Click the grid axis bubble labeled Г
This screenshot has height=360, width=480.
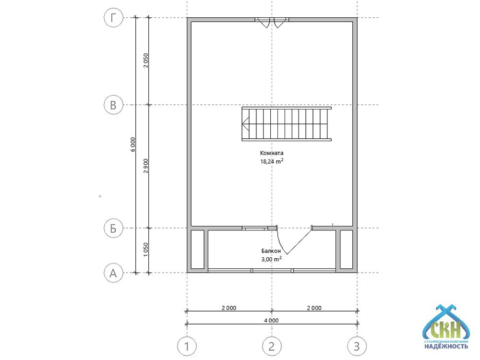click(113, 18)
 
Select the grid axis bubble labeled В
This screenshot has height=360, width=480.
click(113, 105)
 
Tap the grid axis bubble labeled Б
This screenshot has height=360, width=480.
click(113, 228)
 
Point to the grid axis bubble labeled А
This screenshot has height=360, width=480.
click(113, 273)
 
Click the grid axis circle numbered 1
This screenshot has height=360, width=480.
click(187, 347)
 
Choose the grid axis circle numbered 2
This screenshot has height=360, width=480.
click(272, 347)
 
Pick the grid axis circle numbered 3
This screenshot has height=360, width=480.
click(357, 347)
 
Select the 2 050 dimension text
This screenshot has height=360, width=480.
click(146, 60)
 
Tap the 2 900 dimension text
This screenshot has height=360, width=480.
click(146, 166)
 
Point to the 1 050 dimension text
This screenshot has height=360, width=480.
click(146, 250)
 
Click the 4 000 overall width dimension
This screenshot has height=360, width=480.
click(271, 320)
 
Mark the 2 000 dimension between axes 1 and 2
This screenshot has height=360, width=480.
click(229, 308)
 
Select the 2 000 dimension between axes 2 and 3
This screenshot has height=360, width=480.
click(314, 308)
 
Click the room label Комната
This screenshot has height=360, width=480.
click(272, 153)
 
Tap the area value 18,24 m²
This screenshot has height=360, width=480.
click(272, 161)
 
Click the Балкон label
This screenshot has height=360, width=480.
click(271, 251)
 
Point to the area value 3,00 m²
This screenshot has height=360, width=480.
click(271, 259)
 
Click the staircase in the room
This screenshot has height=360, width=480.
click(287, 124)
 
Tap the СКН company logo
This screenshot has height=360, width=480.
click(446, 327)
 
